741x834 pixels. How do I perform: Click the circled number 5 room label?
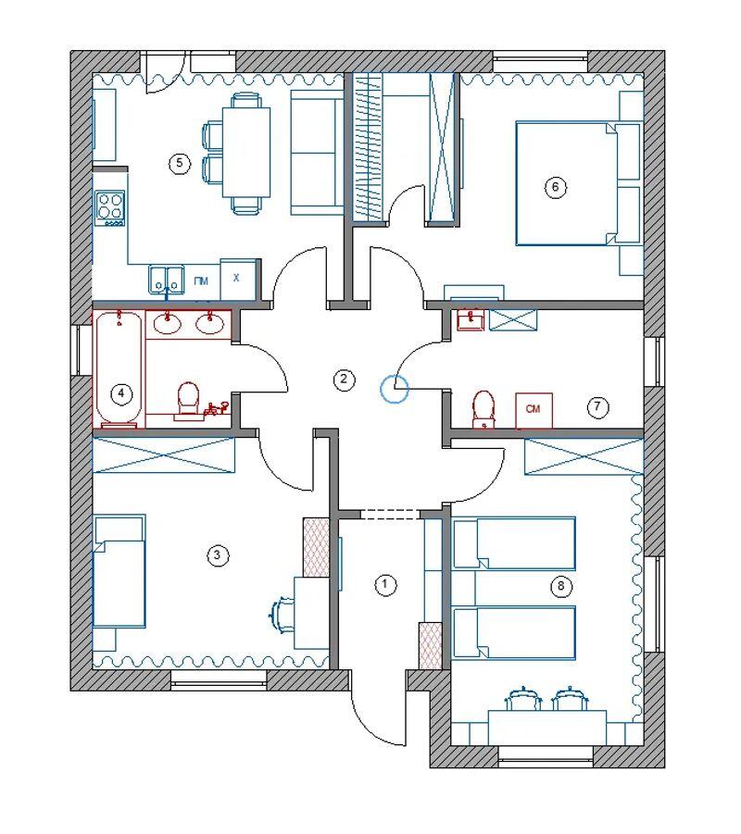(x=179, y=163)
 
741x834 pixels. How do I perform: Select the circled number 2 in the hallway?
(x=344, y=380)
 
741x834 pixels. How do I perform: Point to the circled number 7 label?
(x=597, y=407)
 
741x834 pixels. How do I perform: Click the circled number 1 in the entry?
(x=385, y=585)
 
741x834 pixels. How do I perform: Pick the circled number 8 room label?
(x=560, y=587)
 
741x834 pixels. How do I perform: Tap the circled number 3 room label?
(x=217, y=555)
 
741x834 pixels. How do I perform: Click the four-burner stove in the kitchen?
(x=110, y=208)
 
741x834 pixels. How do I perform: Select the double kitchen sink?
(x=167, y=279)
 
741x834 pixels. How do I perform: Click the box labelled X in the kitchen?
(x=237, y=280)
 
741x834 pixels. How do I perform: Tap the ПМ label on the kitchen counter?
(x=201, y=281)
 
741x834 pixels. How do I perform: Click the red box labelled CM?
(x=534, y=410)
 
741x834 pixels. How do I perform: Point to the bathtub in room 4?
(x=119, y=369)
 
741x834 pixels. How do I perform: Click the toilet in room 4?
(x=187, y=399)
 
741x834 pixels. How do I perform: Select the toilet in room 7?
(x=484, y=409)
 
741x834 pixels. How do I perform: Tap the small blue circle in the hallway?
(x=394, y=388)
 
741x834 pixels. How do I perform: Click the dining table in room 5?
(x=246, y=152)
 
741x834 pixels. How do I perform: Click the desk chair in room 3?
(x=281, y=616)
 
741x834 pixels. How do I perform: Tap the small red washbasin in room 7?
(x=471, y=320)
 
